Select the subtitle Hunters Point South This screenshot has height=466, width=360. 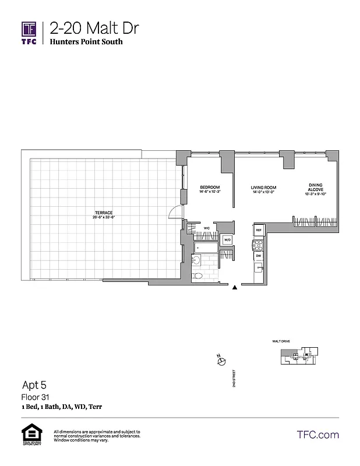[x=86, y=42]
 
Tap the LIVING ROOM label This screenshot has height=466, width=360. [x=263, y=188]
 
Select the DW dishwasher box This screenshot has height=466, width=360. [x=258, y=256]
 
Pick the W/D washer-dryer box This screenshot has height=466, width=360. [x=227, y=240]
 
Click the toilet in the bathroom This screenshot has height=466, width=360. [x=198, y=276]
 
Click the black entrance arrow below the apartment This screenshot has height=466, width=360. [x=235, y=287]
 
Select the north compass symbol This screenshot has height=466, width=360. [x=221, y=362]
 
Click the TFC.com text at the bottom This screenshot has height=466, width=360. [x=317, y=435]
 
